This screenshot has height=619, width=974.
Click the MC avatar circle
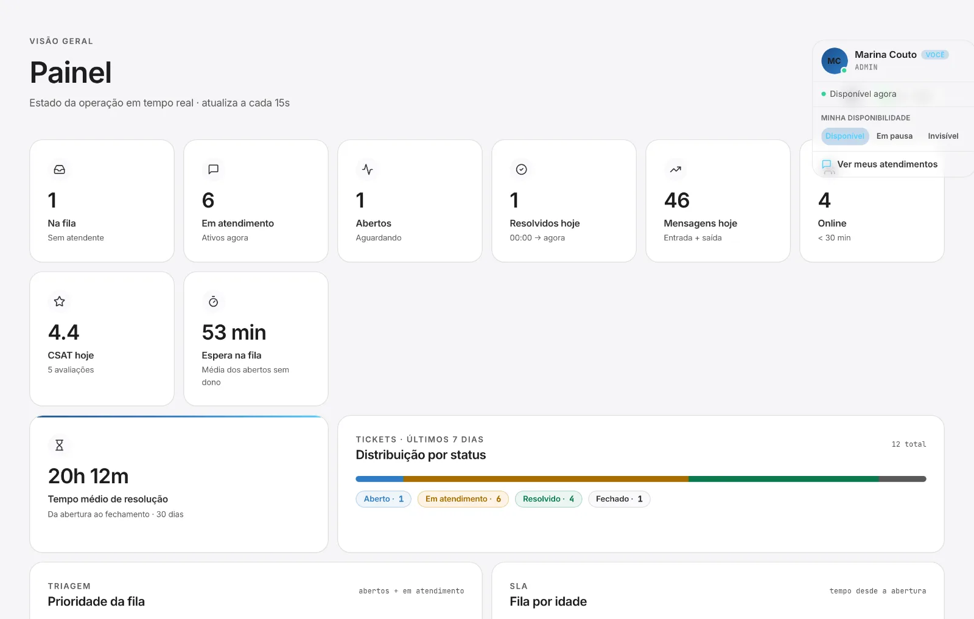tap(834, 61)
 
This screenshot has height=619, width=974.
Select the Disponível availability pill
tap(845, 136)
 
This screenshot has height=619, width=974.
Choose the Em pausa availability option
tap(894, 136)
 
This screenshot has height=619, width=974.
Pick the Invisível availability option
tap(943, 136)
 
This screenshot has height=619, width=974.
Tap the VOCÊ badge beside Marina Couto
tap(935, 55)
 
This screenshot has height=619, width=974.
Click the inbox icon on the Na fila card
tap(60, 169)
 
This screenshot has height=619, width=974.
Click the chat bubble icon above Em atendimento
tap(213, 169)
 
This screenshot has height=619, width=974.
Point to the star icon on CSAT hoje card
tap(60, 301)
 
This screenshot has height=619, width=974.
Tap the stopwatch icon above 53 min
tap(213, 301)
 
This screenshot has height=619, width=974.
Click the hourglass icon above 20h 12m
tap(60, 445)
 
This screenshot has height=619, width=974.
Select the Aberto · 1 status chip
tap(384, 498)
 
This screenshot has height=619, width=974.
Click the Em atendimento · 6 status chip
tap(463, 498)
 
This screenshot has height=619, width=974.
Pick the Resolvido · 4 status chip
tap(548, 498)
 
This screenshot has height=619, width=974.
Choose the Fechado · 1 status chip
tap(619, 498)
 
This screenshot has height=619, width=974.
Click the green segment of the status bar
tap(783, 478)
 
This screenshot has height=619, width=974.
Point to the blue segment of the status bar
tap(380, 478)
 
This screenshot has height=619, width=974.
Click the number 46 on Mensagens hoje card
tap(676, 200)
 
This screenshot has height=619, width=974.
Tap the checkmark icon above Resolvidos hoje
tap(521, 169)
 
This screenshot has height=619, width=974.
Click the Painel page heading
tap(71, 72)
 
